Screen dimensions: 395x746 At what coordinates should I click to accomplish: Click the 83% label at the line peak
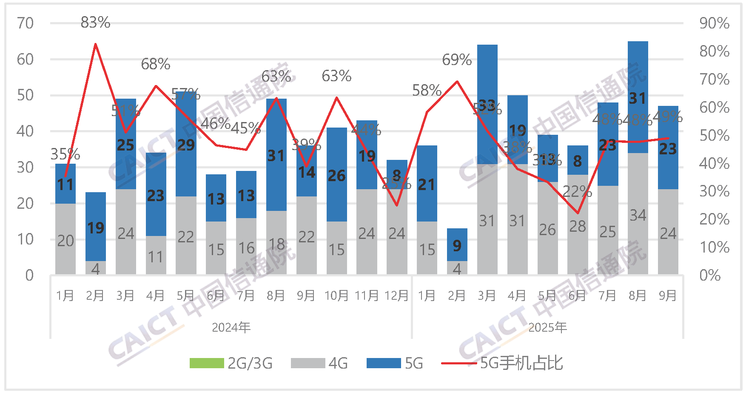pos(95,22)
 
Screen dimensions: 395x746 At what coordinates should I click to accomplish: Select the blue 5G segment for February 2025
pos(457,245)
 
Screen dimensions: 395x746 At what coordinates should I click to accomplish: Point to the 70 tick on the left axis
pos(25,23)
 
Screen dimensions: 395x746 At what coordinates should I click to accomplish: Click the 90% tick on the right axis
pos(714,23)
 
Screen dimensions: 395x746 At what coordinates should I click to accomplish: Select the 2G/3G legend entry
pos(231,363)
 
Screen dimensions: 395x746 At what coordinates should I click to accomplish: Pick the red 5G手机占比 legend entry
pos(502,363)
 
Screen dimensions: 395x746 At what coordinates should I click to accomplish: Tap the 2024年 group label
pos(231,327)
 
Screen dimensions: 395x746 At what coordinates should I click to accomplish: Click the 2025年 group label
pos(547,327)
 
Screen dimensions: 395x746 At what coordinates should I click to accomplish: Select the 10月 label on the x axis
pos(336,296)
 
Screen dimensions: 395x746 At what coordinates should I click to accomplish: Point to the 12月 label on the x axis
pos(396,296)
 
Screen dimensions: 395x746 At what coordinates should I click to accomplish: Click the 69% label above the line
pos(457,60)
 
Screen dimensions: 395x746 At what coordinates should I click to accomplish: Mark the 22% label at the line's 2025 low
pos(577,192)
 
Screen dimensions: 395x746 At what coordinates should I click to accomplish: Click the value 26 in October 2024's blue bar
pos(336,176)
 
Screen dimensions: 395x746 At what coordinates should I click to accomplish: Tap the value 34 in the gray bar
pos(638,215)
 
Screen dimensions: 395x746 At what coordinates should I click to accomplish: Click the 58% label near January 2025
pos(427,90)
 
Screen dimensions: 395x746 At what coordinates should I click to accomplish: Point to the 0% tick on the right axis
pos(710,275)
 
